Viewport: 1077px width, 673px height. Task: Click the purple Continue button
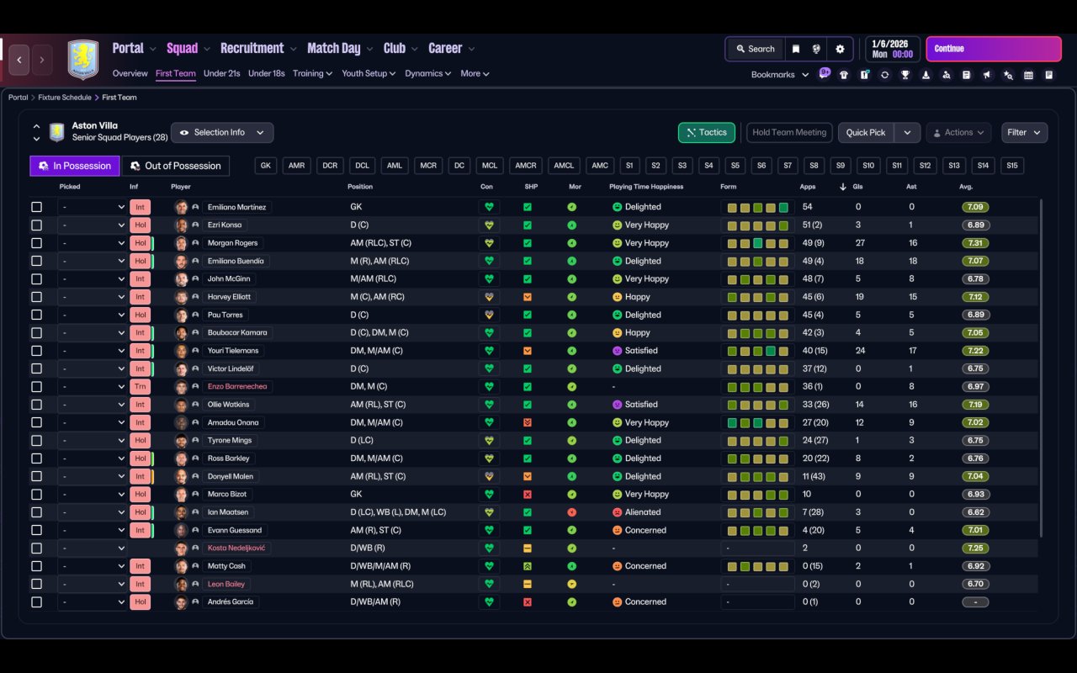(993, 49)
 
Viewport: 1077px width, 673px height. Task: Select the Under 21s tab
(221, 73)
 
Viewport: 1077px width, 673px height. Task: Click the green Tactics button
(706, 132)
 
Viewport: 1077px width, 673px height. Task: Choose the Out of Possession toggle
(175, 166)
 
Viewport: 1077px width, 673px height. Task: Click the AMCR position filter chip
(526, 166)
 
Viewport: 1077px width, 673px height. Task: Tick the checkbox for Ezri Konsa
(36, 225)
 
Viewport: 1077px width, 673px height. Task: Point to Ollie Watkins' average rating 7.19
(974, 405)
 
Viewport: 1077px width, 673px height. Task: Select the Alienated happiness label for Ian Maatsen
(642, 512)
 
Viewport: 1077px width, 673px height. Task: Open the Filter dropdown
(1024, 132)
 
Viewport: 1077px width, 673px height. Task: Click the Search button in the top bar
(755, 49)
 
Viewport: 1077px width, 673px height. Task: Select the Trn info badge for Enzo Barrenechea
(140, 387)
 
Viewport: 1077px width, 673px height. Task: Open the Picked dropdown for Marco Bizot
(93, 495)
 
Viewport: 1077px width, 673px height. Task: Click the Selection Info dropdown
(222, 132)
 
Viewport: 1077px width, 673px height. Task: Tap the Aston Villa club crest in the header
(82, 59)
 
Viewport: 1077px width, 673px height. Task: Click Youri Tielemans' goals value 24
(859, 351)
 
